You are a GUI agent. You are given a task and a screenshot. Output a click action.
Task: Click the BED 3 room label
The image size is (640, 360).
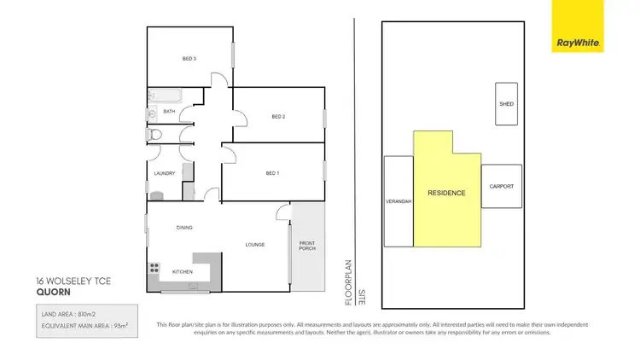pyautogui.click(x=189, y=59)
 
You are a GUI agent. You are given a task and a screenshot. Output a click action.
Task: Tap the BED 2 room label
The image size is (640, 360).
pyautogui.click(x=277, y=117)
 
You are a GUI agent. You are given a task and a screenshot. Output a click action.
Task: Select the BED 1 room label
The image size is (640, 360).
pyautogui.click(x=272, y=173)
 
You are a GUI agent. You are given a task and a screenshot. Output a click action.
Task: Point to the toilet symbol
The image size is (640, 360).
pyautogui.click(x=154, y=135)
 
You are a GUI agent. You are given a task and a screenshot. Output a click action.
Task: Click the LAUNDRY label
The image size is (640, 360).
pyautogui.click(x=164, y=174)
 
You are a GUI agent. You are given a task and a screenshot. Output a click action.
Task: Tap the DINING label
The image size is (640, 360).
pyautogui.click(x=184, y=228)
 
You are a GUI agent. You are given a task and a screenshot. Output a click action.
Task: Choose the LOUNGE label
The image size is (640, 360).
pyautogui.click(x=254, y=245)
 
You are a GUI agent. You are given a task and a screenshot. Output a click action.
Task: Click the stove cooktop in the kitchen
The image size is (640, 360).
pyautogui.click(x=155, y=270)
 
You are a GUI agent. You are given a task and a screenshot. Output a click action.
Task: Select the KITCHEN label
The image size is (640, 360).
pyautogui.click(x=183, y=272)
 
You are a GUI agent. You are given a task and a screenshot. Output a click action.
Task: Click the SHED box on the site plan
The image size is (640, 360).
pyautogui.click(x=506, y=104)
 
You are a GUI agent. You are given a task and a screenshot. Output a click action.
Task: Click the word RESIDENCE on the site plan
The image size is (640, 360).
pyautogui.click(x=446, y=193)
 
